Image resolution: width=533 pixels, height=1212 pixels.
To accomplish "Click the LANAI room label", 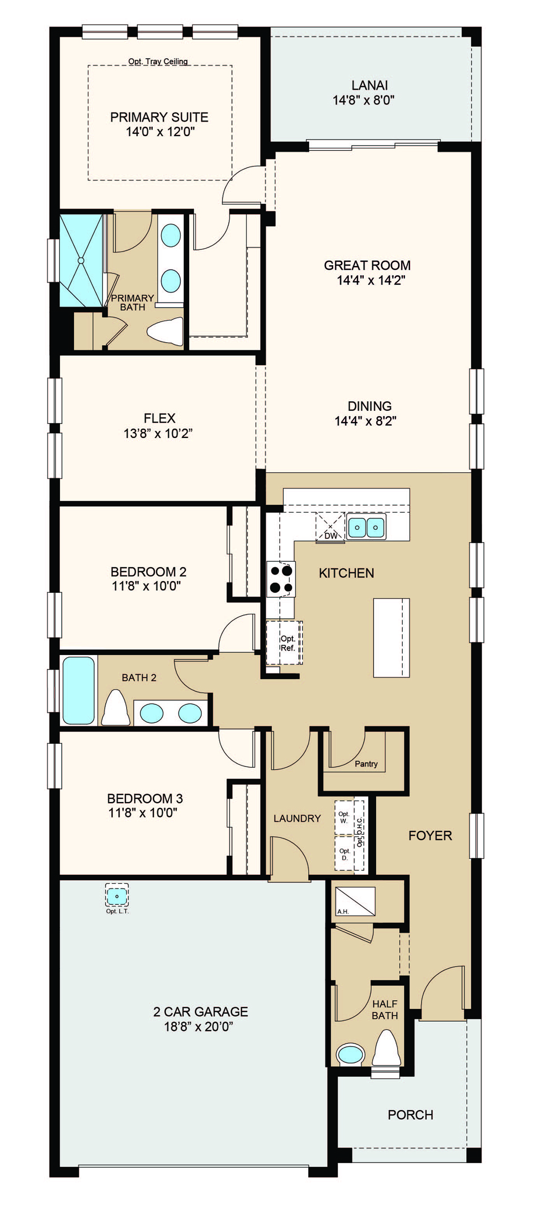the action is [370, 85].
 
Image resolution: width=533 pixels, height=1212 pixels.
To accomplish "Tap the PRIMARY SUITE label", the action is [159, 117].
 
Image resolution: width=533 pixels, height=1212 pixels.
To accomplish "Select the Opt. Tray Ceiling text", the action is [158, 61].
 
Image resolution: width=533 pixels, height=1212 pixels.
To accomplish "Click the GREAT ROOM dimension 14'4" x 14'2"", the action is [371, 280].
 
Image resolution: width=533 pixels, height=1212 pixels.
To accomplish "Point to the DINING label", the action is [370, 406].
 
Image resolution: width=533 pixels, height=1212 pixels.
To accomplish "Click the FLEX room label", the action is [159, 418].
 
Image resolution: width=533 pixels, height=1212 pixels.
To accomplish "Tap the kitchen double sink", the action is [366, 527].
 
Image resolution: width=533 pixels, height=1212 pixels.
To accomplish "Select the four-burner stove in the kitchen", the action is [281, 579].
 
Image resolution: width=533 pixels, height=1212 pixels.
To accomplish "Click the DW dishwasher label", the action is [331, 535].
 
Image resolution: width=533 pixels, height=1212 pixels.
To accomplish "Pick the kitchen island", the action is [391, 638].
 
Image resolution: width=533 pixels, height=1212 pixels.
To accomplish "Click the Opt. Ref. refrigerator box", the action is [284, 643].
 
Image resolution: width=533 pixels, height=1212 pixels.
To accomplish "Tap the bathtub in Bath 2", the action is [79, 690].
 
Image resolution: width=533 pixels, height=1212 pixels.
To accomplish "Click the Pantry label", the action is [366, 764].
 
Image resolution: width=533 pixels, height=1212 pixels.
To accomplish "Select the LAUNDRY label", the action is [297, 818].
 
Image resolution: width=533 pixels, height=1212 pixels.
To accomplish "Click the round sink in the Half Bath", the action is [351, 1054].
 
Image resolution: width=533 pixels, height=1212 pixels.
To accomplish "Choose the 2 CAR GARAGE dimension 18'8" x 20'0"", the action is [199, 1026].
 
